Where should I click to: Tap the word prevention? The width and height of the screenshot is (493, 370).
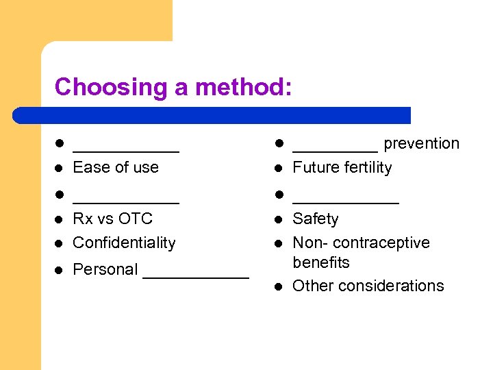tap(421, 143)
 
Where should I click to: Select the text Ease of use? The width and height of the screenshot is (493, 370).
tap(116, 167)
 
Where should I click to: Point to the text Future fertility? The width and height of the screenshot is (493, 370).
tap(342, 167)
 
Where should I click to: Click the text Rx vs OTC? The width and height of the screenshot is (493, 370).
tap(112, 219)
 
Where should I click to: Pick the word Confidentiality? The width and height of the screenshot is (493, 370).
tap(124, 243)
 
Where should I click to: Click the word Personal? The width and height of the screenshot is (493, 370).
tap(105, 269)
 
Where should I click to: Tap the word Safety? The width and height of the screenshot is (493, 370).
tap(315, 219)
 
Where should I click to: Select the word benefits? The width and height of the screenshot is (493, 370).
tap(320, 262)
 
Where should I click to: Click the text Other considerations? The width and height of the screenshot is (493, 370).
tap(368, 286)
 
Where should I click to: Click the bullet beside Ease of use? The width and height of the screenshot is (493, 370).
tap(60, 168)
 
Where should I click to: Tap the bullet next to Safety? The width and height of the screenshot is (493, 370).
tap(279, 219)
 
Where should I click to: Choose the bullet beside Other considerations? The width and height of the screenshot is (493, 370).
tap(279, 286)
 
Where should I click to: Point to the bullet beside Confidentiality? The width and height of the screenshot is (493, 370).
tap(60, 243)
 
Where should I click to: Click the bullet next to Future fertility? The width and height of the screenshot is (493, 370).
tap(279, 168)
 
